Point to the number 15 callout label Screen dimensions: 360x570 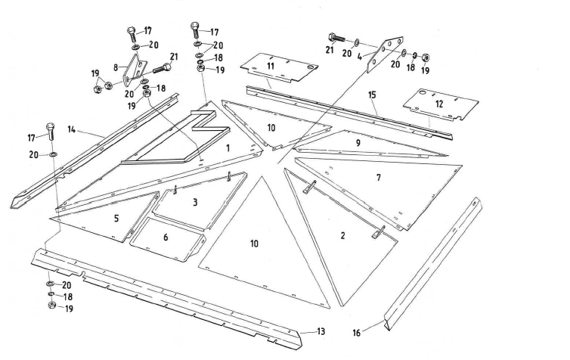(371, 95)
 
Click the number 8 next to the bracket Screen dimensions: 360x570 (116, 67)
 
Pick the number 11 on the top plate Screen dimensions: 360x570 (271, 67)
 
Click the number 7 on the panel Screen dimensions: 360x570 (377, 177)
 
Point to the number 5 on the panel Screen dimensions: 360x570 (116, 218)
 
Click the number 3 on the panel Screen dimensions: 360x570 (194, 203)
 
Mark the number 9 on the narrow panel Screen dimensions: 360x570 (358, 141)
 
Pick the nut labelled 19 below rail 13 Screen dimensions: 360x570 (50, 307)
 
